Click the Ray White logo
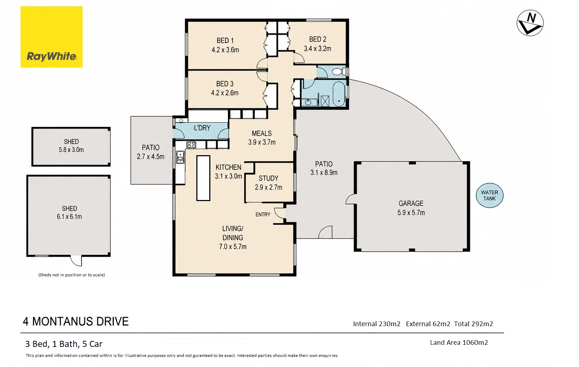click(x=51, y=37)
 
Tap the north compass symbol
click(x=530, y=23)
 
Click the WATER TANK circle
click(x=490, y=195)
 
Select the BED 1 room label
click(x=225, y=40)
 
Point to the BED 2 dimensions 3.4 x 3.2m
click(x=317, y=48)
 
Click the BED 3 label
click(x=225, y=84)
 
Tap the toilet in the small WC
click(x=339, y=71)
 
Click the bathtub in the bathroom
click(x=339, y=94)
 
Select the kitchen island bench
click(x=203, y=178)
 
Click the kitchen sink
click(x=180, y=157)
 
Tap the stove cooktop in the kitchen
click(x=191, y=145)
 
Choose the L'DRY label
click(x=202, y=128)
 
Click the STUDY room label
click(x=269, y=178)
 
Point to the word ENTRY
click(x=263, y=214)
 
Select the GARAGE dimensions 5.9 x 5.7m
click(x=411, y=213)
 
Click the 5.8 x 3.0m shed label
click(x=71, y=150)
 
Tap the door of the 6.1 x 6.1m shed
click(x=76, y=261)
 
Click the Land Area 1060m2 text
click(x=459, y=343)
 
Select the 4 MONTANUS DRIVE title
click(x=76, y=321)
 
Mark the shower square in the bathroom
click(x=325, y=101)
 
